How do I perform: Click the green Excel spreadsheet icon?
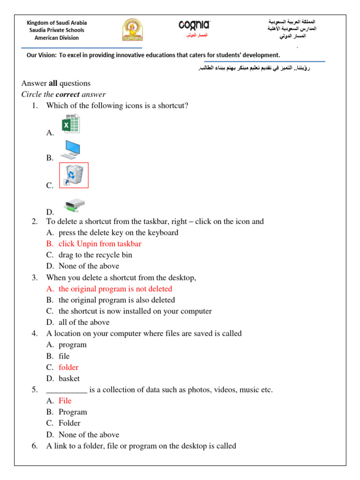pyautogui.click(x=70, y=124)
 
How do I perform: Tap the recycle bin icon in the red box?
pyautogui.click(x=74, y=175)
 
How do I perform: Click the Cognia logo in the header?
pyautogui.click(x=194, y=25)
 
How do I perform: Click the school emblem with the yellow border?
pyautogui.click(x=133, y=30)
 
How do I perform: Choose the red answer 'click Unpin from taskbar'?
pyautogui.click(x=99, y=244)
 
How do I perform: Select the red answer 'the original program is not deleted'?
pyautogui.click(x=115, y=289)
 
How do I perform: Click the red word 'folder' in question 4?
pyautogui.click(x=68, y=367)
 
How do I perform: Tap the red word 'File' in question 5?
pyautogui.click(x=65, y=401)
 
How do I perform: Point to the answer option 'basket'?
pyautogui.click(x=69, y=379)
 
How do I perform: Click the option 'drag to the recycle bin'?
pyautogui.click(x=95, y=255)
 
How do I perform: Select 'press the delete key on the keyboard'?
pyautogui.click(x=118, y=232)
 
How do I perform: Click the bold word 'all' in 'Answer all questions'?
pyautogui.click(x=52, y=83)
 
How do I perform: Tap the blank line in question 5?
pyautogui.click(x=67, y=390)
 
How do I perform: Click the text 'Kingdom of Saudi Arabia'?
pyautogui.click(x=57, y=22)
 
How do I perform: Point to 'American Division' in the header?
pyautogui.click(x=57, y=38)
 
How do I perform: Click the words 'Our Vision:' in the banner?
pyautogui.click(x=41, y=55)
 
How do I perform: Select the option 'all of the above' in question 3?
pyautogui.click(x=84, y=322)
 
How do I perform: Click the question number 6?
pyautogui.click(x=35, y=446)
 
